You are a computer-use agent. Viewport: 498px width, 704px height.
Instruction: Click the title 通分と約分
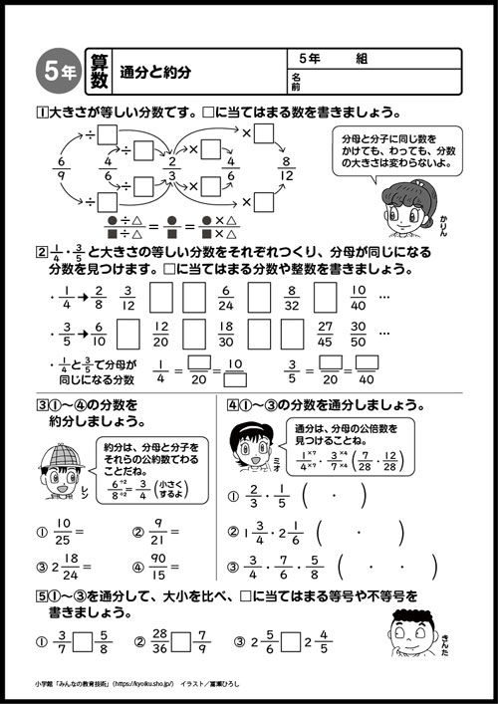154,73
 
